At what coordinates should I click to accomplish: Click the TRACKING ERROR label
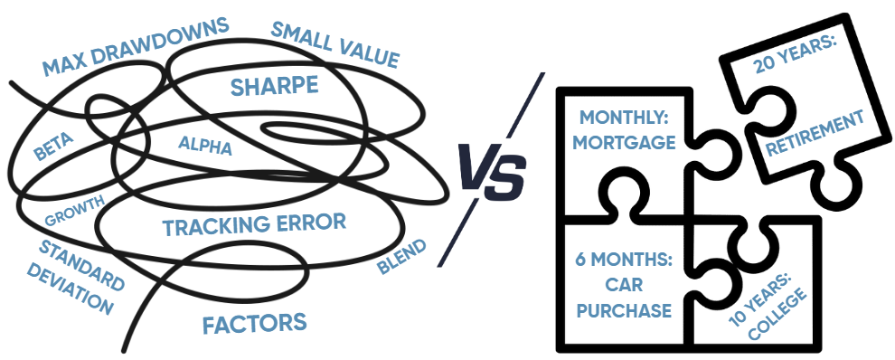(254, 225)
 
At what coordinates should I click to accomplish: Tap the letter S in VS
(509, 174)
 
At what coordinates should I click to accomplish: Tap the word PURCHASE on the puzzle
(625, 310)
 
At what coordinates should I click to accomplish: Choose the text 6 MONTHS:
(624, 261)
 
